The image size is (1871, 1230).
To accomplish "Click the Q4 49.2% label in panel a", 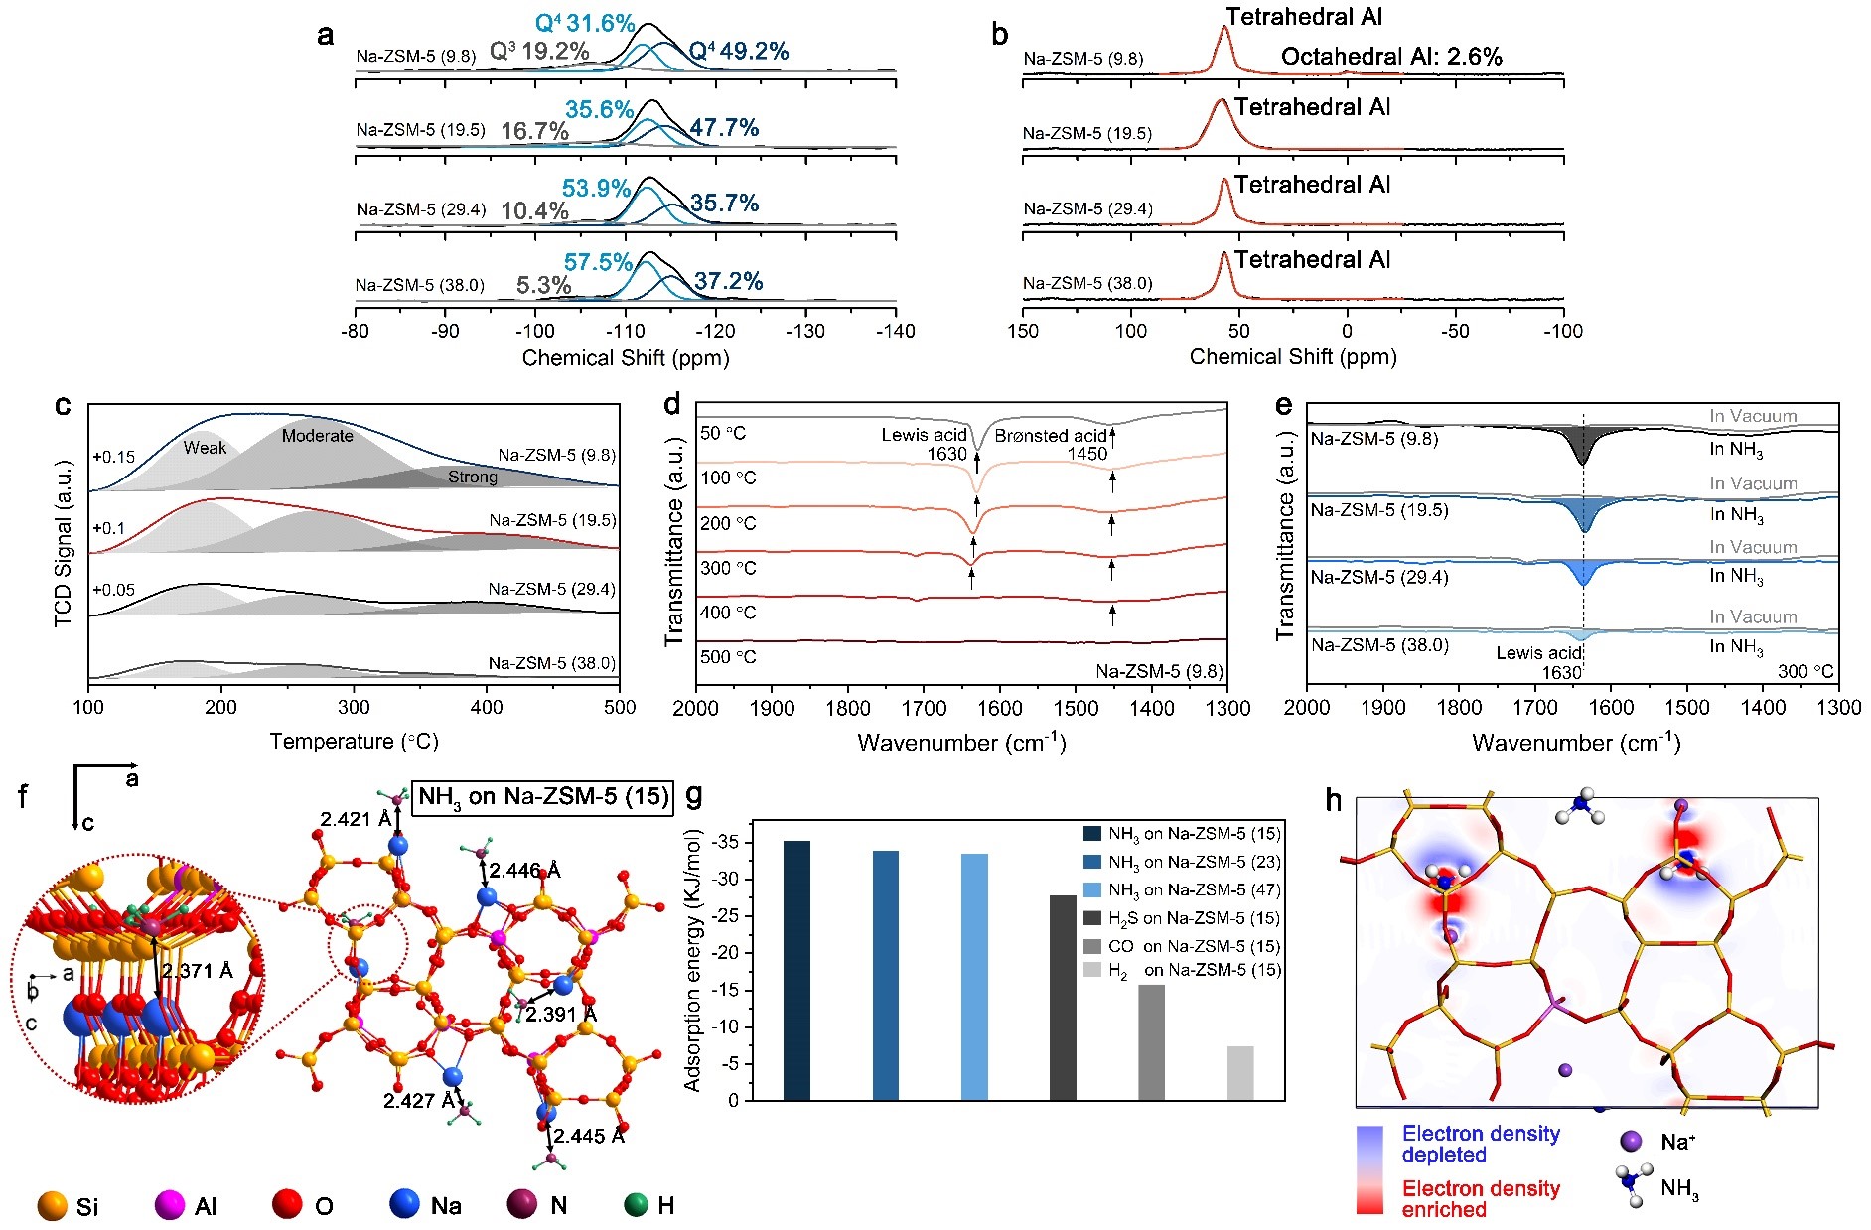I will [x=739, y=51].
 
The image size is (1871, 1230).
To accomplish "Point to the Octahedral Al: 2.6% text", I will [x=1390, y=57].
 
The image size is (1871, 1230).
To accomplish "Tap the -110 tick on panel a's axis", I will [x=625, y=331].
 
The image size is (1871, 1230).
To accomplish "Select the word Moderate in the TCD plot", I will [x=317, y=436].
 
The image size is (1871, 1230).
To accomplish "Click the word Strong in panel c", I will [x=473, y=478].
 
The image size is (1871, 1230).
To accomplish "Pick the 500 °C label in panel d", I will [x=728, y=657].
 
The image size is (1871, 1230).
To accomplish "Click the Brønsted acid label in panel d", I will [x=1051, y=436].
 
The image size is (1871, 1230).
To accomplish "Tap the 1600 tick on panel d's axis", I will [x=999, y=708].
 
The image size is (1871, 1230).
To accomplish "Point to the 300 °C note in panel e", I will [x=1805, y=671].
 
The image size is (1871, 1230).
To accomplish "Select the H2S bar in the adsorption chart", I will [x=1063, y=997].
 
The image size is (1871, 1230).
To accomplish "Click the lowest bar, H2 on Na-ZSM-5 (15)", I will [x=1240, y=1073].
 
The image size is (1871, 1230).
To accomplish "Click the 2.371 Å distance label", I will [x=199, y=971].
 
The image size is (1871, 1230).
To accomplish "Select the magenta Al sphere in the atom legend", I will [x=170, y=1205].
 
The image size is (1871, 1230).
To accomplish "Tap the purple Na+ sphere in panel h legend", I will [x=1630, y=1142].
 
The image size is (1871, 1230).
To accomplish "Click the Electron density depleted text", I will [x=1480, y=1144].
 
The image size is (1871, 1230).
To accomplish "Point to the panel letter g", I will [x=695, y=794].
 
